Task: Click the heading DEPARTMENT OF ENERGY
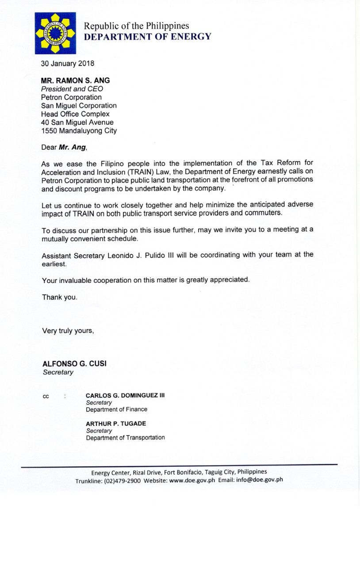148,37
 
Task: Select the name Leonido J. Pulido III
141,255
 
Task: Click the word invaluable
77,280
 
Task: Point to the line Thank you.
60,297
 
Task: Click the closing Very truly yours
68,330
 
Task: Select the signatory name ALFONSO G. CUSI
74,363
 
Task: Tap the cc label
46,396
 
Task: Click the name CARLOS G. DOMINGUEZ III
125,395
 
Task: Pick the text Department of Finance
116,409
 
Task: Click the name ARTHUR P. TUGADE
116,424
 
